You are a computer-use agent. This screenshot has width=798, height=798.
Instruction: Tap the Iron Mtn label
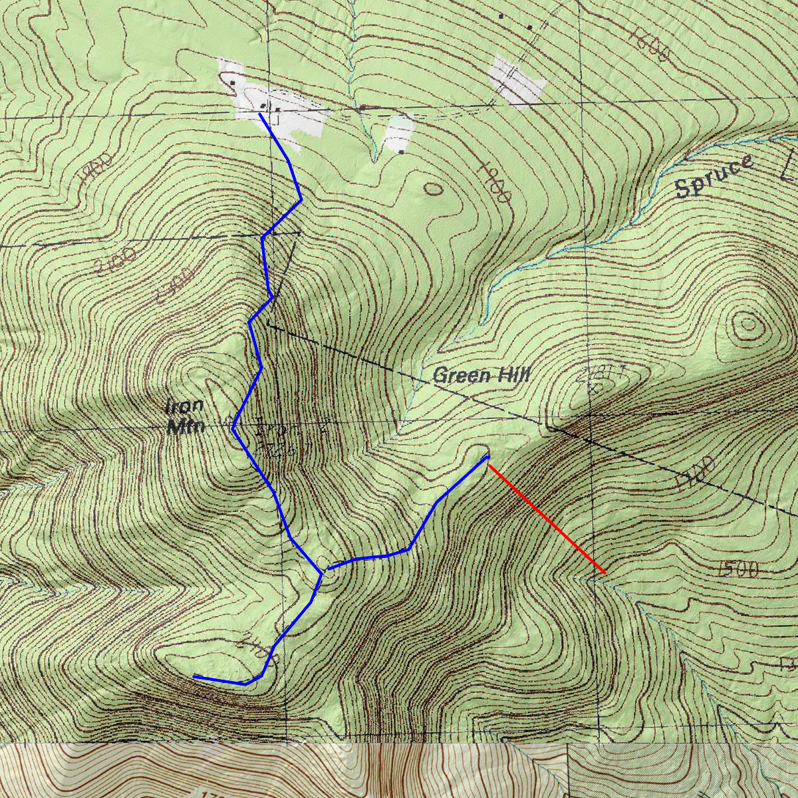click(x=185, y=416)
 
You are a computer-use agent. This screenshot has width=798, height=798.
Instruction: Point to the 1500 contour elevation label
click(x=738, y=569)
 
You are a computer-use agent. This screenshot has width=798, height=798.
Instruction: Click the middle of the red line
click(x=547, y=519)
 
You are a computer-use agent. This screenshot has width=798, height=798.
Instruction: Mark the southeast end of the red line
click(x=604, y=573)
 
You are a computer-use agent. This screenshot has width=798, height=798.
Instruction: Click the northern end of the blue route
click(x=259, y=114)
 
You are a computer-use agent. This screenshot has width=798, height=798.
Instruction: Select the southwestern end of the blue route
click(x=194, y=676)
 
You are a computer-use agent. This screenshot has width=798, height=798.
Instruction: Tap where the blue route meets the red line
click(x=489, y=458)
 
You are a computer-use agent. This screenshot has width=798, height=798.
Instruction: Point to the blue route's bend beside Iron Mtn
click(x=233, y=429)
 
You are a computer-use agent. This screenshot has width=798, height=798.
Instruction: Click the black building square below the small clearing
click(x=402, y=152)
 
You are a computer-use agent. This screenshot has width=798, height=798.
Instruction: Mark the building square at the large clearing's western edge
click(x=232, y=82)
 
